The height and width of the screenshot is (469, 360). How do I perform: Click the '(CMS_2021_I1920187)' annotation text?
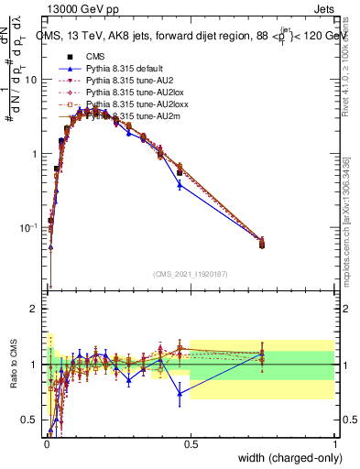point(190,274)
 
